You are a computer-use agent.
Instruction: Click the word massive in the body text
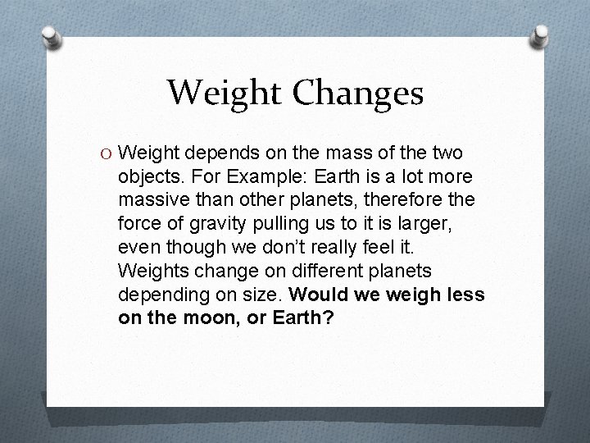[x=150, y=200]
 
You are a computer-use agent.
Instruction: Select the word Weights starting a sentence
[x=151, y=270]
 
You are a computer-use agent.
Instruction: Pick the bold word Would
[x=320, y=294]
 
